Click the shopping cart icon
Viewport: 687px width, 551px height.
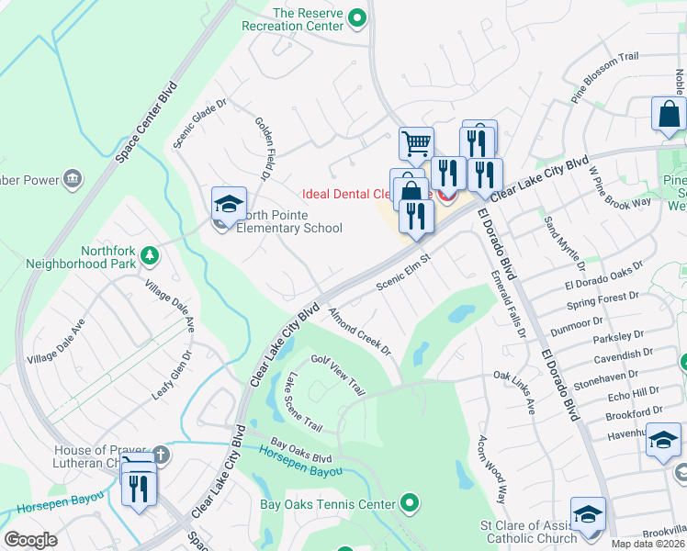coord(416,143)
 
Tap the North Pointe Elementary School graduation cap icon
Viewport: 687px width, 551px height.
coord(229,203)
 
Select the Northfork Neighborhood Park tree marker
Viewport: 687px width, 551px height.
coord(146,254)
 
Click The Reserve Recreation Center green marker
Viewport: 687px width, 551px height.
coord(360,17)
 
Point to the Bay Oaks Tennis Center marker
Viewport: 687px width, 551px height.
coord(411,503)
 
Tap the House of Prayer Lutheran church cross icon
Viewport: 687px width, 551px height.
coord(160,454)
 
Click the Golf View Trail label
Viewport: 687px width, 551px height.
coord(339,376)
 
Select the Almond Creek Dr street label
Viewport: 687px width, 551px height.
coord(360,332)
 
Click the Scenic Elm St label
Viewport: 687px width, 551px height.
coord(403,273)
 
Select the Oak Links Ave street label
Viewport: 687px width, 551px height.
coord(514,392)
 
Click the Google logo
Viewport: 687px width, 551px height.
coord(30,540)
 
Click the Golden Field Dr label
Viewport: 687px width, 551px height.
coord(265,147)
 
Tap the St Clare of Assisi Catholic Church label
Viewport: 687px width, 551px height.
coord(527,532)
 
